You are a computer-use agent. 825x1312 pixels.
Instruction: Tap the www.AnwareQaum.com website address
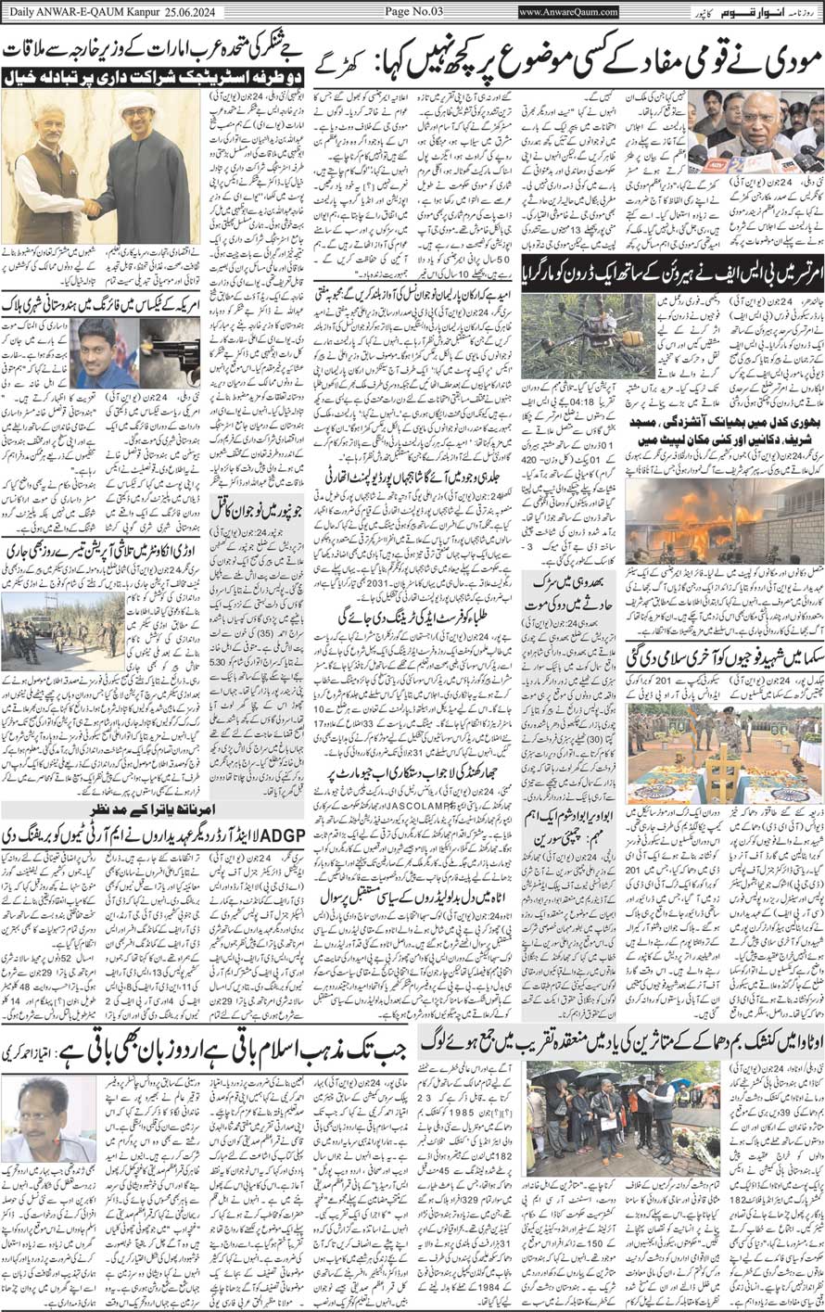tap(568, 11)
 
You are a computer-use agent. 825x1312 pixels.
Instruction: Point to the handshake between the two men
tap(94, 206)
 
